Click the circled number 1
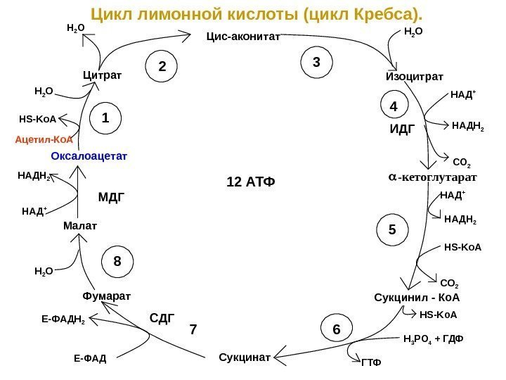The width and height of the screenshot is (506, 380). pos(105,118)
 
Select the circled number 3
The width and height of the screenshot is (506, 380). pos(316,62)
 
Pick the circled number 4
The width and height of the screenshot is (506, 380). pos(394,107)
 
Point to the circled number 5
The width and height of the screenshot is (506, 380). pos(392,229)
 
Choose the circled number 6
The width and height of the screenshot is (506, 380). pos(336,329)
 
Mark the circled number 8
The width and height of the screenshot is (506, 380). pos(117,261)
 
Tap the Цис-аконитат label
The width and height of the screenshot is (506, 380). pos(242,37)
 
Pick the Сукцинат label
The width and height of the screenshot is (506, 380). pos(245,357)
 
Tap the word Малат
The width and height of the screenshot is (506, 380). pos(79,226)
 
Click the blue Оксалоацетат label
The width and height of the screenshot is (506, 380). pos(93,155)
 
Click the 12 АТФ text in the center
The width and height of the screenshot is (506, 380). pos(249,182)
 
